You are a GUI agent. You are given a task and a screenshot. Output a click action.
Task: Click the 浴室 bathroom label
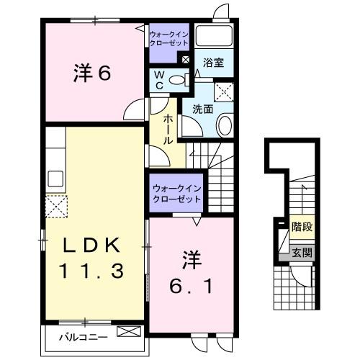coord(212,63)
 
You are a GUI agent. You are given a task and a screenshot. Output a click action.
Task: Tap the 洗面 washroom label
coord(202,109)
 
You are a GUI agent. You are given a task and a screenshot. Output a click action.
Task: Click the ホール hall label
coord(168,127)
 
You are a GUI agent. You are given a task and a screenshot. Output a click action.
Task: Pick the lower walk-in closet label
coord(176,194)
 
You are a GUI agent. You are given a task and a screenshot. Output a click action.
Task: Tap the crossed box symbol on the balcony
coord(129,333)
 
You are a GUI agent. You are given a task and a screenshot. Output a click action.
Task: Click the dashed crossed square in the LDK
coord(57,206)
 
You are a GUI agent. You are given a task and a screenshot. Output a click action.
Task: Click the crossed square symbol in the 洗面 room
coord(224,91)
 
